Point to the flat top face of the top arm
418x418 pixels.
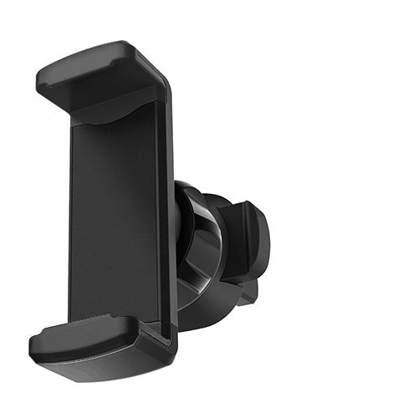tap(92, 63)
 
